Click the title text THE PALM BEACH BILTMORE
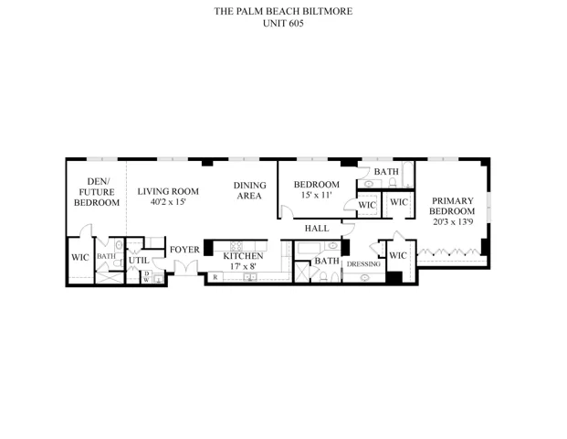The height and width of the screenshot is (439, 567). (x=283, y=11)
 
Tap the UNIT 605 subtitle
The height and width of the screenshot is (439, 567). (x=283, y=24)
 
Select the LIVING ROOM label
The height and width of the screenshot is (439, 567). (x=168, y=191)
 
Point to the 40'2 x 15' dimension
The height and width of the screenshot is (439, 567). (x=168, y=202)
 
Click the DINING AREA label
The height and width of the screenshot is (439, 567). (x=249, y=190)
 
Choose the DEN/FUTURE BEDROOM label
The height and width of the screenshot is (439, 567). (x=97, y=192)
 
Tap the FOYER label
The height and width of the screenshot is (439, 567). (x=184, y=250)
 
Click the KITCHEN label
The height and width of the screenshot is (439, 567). (x=243, y=256)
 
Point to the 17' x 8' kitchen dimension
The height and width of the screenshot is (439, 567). (x=243, y=266)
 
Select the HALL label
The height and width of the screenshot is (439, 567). (x=317, y=229)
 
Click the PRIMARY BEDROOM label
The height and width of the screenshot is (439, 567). (x=452, y=206)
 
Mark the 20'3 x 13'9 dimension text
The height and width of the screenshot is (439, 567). (x=453, y=221)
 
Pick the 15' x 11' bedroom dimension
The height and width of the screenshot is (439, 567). (x=317, y=195)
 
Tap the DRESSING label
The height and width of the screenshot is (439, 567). (x=363, y=264)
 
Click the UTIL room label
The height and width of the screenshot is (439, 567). (x=139, y=261)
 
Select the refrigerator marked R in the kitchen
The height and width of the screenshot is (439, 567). (x=215, y=277)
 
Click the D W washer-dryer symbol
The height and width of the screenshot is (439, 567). (x=146, y=276)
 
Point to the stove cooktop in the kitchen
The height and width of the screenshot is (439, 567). (x=236, y=246)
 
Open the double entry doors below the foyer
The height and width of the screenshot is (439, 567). (x=186, y=267)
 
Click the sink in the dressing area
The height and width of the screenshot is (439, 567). (x=365, y=278)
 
